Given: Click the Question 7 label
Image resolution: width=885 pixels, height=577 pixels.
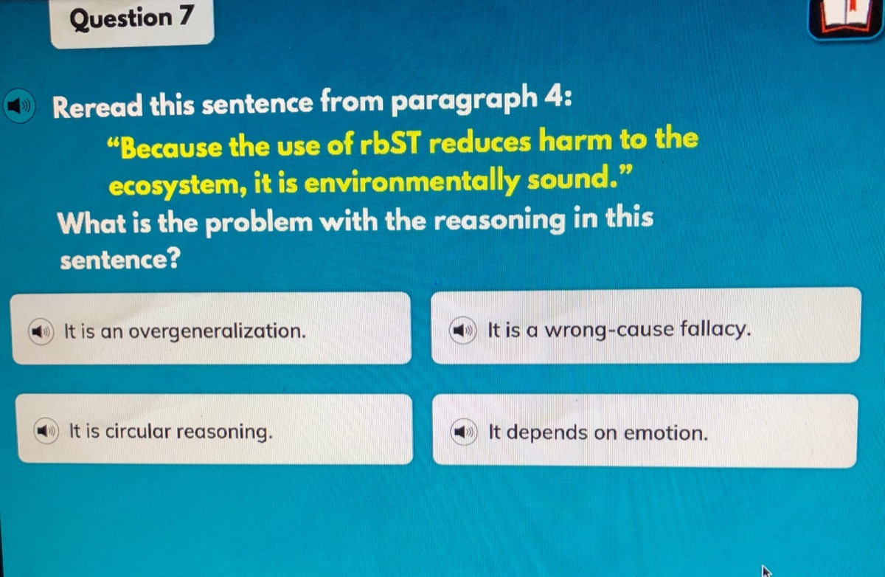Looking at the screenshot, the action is [131, 18].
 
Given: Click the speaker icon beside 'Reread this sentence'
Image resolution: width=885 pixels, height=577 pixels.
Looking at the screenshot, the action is [19, 106].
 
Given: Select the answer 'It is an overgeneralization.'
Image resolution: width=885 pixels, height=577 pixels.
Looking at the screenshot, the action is [212, 328].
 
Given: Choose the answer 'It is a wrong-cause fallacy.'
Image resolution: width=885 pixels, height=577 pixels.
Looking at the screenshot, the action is [645, 325].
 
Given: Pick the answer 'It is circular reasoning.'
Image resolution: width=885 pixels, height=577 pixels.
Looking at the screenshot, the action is [215, 429].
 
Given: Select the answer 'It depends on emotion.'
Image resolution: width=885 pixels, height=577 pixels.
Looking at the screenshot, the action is [645, 431].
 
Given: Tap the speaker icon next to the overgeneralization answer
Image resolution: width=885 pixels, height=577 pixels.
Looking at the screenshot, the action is [41, 331].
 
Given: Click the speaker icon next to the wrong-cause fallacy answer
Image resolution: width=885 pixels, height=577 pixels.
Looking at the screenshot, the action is [462, 330].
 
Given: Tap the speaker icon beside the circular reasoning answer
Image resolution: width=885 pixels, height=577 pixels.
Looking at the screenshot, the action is [46, 431].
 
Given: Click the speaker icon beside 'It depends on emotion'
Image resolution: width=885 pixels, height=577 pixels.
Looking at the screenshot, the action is [464, 432].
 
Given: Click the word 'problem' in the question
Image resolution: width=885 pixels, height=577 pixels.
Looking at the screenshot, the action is [259, 222].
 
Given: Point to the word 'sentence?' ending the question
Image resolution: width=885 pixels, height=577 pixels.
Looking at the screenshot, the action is [120, 259].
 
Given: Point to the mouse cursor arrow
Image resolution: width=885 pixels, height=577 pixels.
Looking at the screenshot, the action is [766, 571].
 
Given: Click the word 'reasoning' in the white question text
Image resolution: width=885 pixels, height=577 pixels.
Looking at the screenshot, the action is [500, 220].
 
